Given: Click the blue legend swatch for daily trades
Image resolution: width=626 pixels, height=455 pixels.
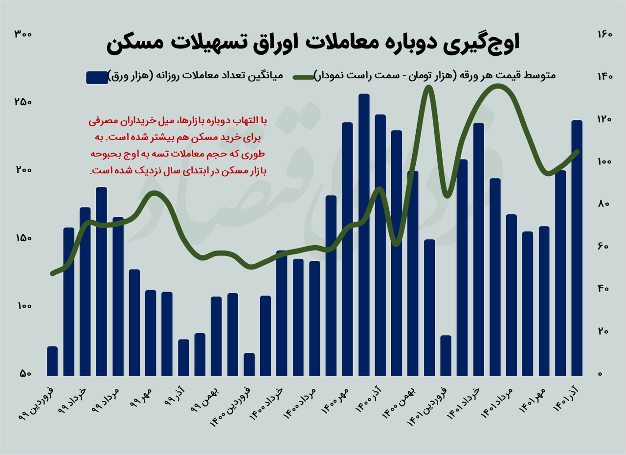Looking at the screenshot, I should pos(97,77).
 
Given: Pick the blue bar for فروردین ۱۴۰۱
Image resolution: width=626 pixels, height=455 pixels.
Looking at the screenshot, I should pos(446,356).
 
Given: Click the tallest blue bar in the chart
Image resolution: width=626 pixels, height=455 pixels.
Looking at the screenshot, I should pos(364,235).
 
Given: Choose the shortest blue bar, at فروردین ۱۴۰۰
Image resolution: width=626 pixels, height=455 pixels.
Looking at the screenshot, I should pos(249,364).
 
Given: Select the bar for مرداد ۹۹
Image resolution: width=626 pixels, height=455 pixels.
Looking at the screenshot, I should pos(118,296).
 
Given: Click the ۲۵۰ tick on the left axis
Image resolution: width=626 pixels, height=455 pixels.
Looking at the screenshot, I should pos(23,102).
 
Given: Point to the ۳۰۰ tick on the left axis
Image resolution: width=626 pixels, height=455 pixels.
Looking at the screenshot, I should pos(23,34).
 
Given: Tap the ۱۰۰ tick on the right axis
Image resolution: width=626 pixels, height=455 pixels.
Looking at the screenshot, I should pos(604,162).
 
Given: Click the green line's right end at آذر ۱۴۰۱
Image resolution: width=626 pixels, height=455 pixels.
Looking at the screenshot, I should pos(577,152).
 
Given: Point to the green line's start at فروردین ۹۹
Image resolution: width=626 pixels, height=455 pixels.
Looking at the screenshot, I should pos(52,273).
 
